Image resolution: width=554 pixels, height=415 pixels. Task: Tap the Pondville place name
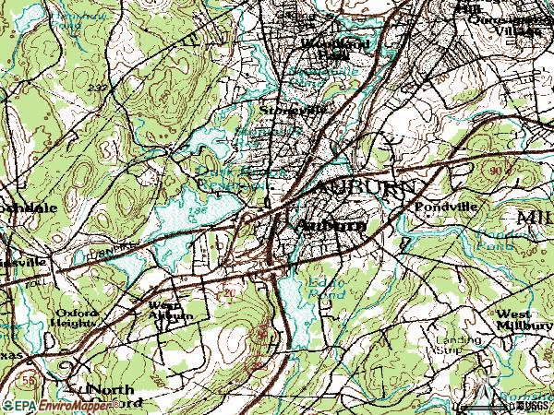click(x=446, y=207)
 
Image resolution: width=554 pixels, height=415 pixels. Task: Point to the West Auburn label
click(x=171, y=310)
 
